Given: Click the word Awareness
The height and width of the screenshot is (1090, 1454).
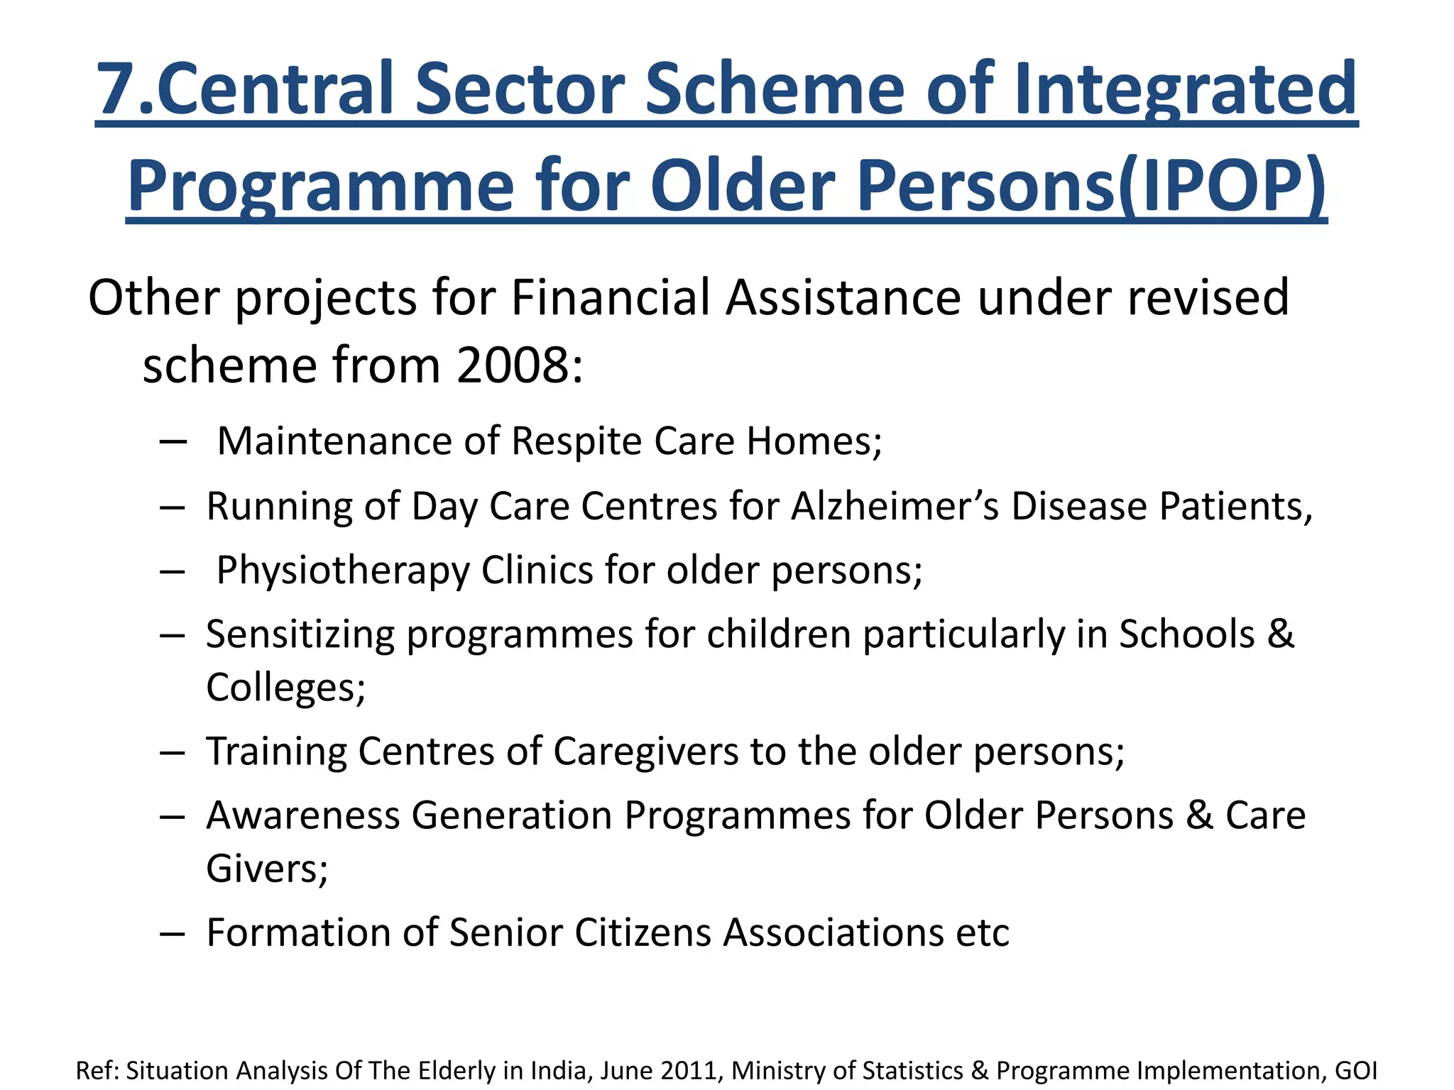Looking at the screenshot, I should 303,815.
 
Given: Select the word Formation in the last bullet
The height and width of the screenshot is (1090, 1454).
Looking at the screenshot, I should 297,932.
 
